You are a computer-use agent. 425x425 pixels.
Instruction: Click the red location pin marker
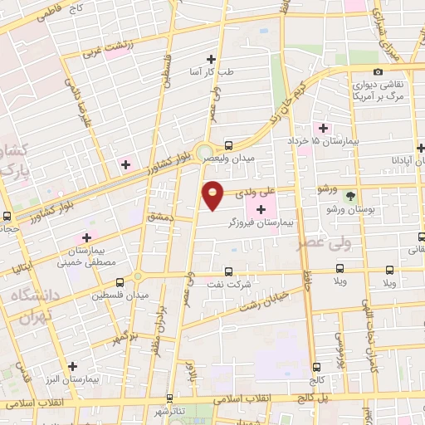click(214, 194)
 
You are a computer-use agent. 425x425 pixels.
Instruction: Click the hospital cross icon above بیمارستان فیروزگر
click(261, 208)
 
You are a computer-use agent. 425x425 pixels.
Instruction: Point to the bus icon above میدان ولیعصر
click(229, 142)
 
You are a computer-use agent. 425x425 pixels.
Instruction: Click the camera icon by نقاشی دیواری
click(378, 72)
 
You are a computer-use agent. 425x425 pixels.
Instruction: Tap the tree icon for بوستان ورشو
click(350, 197)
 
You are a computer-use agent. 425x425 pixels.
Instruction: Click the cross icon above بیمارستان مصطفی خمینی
click(86, 237)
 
